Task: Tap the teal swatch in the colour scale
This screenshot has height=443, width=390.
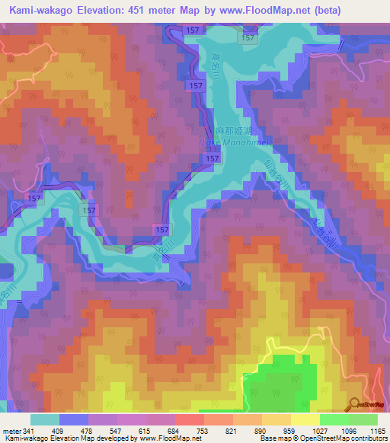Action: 45,419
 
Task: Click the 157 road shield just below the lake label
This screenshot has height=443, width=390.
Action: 213,158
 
